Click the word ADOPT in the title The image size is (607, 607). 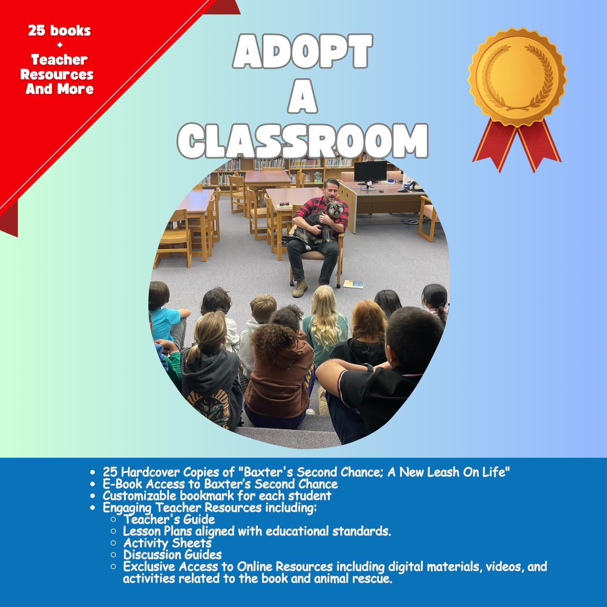302,51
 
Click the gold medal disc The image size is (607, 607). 517,76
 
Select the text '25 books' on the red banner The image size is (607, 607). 59,31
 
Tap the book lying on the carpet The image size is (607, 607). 353,284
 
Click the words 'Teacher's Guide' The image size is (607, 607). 169,519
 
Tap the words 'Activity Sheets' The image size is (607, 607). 167,543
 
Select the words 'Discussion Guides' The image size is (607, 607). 172,554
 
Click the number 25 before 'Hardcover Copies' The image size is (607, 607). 110,472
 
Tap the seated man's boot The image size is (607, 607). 300,289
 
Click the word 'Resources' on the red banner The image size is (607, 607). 57,74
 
